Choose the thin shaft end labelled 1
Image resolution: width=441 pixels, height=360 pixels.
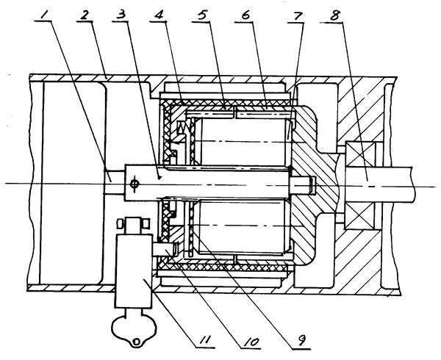[114, 183]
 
